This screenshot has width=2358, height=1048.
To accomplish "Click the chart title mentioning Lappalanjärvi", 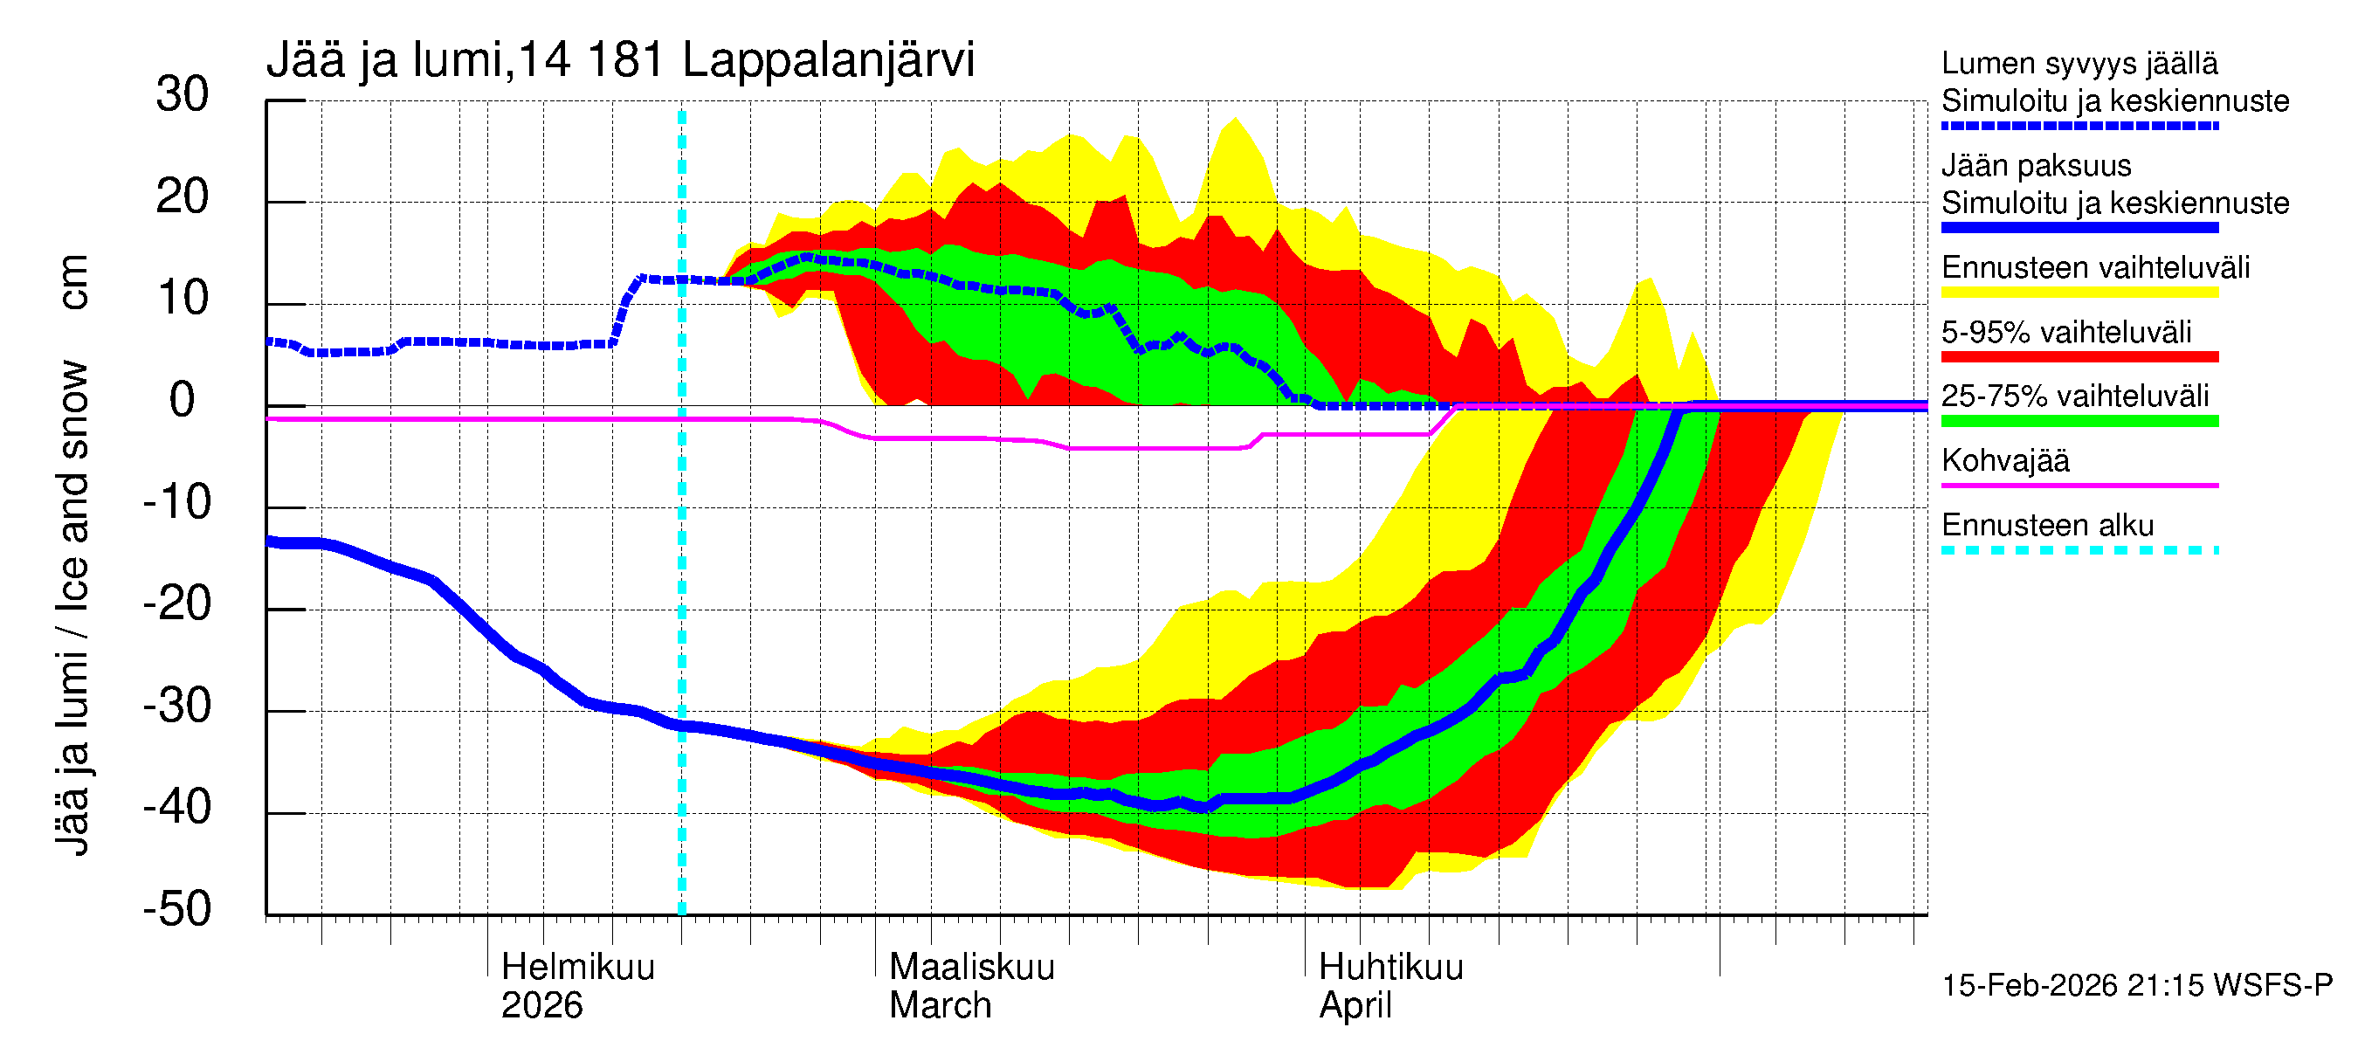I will [x=620, y=60].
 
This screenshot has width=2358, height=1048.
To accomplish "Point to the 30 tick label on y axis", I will [x=183, y=95].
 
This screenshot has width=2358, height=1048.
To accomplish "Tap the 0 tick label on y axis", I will [x=183, y=401].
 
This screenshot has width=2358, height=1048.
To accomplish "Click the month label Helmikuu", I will [x=577, y=968].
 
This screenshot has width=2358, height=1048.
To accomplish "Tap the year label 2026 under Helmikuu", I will [x=541, y=1006].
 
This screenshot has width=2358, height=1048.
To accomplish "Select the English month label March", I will [x=940, y=1006].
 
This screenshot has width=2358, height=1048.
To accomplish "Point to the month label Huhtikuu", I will [x=1390, y=968].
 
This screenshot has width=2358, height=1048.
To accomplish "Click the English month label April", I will [x=1355, y=1006].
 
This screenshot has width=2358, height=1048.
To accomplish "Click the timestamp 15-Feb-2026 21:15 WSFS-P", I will [x=2136, y=986].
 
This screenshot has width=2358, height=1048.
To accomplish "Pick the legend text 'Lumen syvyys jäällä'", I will [x=2079, y=64].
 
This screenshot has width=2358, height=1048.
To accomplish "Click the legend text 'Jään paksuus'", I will [x=2036, y=166].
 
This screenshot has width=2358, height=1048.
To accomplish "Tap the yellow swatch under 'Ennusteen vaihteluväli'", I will [x=2079, y=293].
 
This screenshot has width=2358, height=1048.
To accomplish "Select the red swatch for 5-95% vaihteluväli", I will [x=2079, y=357].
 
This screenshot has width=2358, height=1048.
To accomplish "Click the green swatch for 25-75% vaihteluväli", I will [x=2079, y=421].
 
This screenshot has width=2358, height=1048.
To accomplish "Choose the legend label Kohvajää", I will [x=2004, y=460].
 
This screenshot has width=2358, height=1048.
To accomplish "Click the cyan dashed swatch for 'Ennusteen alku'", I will [x=2079, y=550].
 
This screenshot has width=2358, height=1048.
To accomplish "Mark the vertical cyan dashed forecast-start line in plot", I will [x=682, y=549].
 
